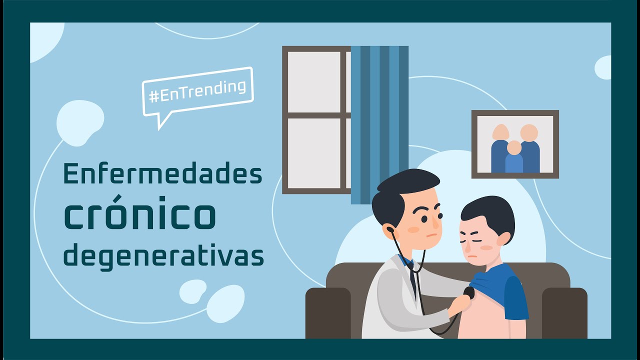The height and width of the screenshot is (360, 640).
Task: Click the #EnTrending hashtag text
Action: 197,91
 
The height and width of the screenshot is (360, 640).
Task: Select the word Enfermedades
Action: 162,173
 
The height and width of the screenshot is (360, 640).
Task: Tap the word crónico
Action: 140,213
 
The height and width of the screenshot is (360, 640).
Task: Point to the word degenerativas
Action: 163,255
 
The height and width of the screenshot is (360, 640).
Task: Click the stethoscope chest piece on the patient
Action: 469,293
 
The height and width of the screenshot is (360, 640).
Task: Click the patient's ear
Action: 503,239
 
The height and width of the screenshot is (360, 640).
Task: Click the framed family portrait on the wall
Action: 515,144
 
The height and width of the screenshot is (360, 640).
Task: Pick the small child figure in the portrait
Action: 514,157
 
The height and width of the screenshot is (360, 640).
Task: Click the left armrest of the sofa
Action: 328,313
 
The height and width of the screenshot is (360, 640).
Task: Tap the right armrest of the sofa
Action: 564,313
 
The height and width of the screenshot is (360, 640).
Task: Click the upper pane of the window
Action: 314,82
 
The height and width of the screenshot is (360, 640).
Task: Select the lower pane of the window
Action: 314,153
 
